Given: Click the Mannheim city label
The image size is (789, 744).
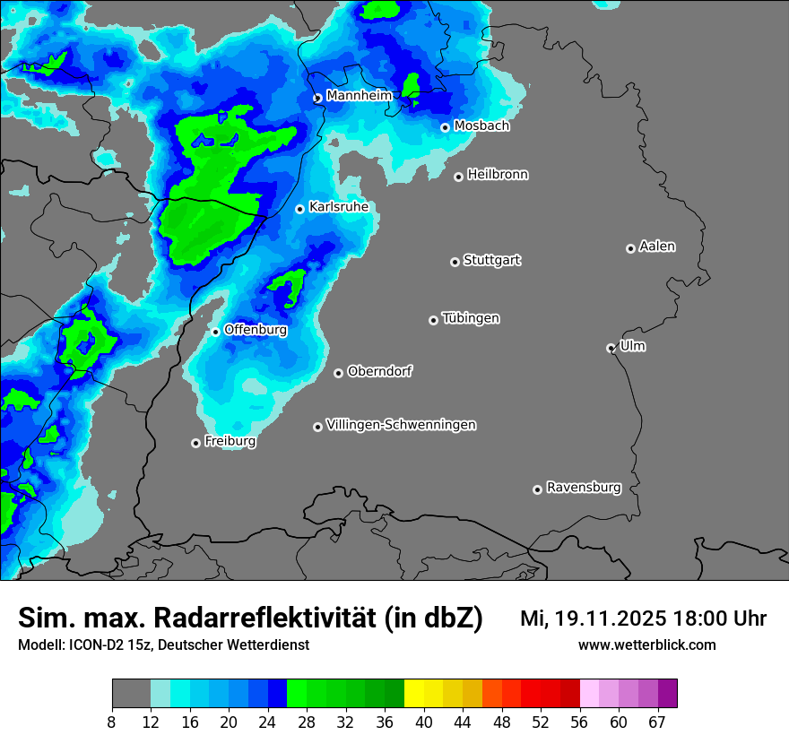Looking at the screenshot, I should point(359,95).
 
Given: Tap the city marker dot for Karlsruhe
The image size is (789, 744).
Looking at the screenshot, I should point(300,209).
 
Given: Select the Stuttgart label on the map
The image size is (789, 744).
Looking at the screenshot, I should point(491,260).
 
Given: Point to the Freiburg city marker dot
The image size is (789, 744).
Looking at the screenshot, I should point(195,443).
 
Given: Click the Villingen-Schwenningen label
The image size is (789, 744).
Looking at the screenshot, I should point(401,425).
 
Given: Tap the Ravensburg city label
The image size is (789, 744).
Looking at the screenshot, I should point(583,488).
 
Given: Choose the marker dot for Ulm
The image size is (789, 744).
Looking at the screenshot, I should point(611,348).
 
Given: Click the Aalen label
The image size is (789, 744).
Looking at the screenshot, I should point(657,247).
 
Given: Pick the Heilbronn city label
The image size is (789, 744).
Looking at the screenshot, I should point(498,175).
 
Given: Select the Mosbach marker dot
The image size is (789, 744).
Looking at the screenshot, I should point(445,127).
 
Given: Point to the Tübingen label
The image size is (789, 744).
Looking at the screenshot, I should point(471,318).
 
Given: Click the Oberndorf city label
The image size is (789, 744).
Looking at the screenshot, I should point(379,371).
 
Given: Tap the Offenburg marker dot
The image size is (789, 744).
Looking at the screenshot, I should point(215,332).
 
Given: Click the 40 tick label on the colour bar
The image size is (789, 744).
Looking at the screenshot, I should point(424,722).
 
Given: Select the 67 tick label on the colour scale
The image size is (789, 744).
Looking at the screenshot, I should point(656,722).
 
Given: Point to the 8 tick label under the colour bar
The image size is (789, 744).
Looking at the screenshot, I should point(112,722).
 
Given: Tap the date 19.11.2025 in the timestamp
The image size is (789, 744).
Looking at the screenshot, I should point(606,619).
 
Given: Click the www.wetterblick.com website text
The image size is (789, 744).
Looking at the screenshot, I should point(646,645).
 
